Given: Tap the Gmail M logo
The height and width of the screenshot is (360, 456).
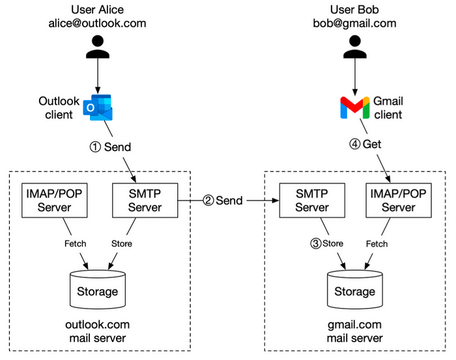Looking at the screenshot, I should point(354,107).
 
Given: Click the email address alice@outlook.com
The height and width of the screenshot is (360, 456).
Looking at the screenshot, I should point(97,23).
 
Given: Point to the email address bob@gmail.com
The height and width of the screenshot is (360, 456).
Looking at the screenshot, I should point(354,23).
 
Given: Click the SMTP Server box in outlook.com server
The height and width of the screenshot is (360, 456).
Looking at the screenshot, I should point(146,200).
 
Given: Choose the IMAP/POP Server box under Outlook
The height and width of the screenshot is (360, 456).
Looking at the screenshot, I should point(55,200).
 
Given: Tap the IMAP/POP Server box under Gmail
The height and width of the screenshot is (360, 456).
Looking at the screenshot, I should point(399,200).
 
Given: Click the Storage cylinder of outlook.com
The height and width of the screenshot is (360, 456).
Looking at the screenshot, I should point(98,290).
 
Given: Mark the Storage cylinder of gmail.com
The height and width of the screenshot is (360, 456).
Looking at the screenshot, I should point(354,290).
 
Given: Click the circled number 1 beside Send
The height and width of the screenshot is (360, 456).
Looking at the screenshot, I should point(94,147).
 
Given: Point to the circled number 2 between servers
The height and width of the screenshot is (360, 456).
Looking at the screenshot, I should point(208,201).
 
